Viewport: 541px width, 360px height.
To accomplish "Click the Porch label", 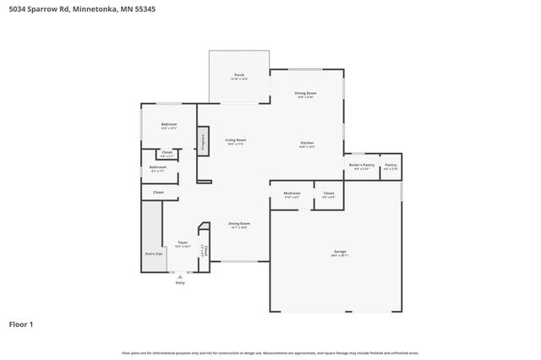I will tap(239, 76).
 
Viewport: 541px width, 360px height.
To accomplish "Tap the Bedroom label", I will tap(169, 125).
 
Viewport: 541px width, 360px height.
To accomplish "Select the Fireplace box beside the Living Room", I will tap(203, 141).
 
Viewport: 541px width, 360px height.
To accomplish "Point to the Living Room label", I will tap(235, 140).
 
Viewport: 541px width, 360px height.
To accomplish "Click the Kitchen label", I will tap(307, 144).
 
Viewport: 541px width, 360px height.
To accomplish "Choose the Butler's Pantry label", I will tap(362, 165).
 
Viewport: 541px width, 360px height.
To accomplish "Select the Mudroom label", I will tap(292, 194).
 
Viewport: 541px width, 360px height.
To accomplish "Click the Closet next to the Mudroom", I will tap(329, 194).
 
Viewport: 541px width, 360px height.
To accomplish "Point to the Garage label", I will tap(340, 251).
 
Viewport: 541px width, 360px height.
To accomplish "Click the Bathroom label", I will tap(158, 167).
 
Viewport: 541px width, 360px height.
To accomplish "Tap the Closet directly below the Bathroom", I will tap(158, 193).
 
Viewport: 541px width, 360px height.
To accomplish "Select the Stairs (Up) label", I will tap(153, 253).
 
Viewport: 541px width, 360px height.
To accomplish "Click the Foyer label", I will tap(183, 243).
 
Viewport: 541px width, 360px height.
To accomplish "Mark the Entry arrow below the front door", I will tap(179, 276).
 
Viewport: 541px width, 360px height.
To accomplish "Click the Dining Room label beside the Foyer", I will tap(239, 224).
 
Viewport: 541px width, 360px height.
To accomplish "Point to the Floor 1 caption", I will tap(22, 324).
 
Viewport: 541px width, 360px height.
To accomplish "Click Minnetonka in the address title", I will tap(91, 9).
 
